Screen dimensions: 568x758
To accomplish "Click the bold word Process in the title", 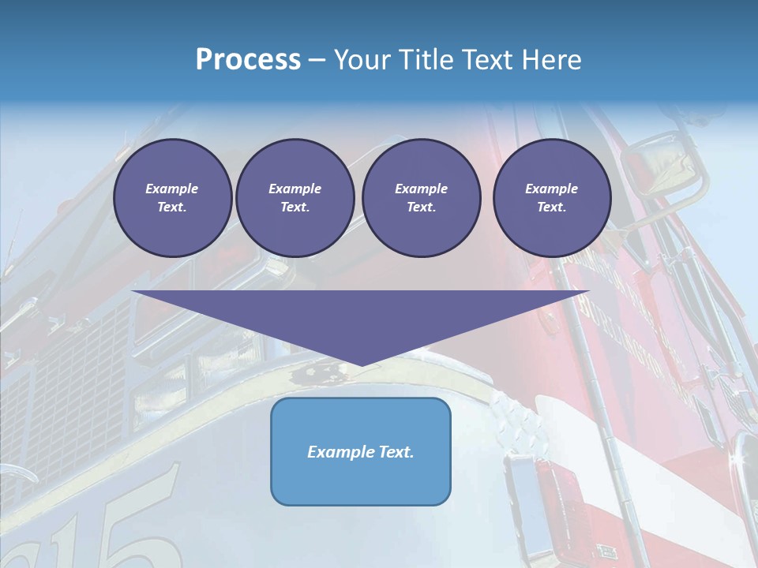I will tap(248, 60).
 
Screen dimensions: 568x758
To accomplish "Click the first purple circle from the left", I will tap(172, 198).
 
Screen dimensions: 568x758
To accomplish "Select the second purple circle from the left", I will tap(295, 198).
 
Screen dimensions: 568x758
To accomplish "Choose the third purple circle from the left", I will tap(421, 198).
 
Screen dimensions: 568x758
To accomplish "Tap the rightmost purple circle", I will tap(551, 198).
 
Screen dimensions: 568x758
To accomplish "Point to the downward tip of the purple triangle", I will tap(362, 364).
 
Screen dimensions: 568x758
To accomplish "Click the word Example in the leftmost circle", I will tap(172, 189).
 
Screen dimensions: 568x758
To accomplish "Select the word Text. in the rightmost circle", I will tap(551, 207).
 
